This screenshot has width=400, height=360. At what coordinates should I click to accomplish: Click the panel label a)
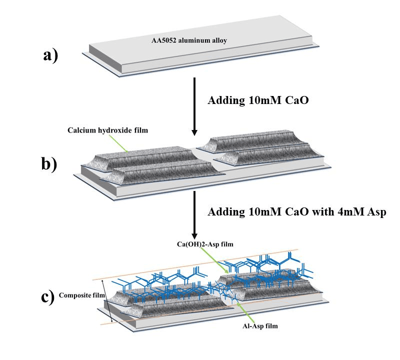pos(50,55)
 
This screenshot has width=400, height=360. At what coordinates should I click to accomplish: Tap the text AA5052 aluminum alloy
pos(189,40)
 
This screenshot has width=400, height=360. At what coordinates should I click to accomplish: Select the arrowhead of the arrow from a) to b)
pos(195,131)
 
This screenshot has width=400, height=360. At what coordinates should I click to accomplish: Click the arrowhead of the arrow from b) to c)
pos(195,235)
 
